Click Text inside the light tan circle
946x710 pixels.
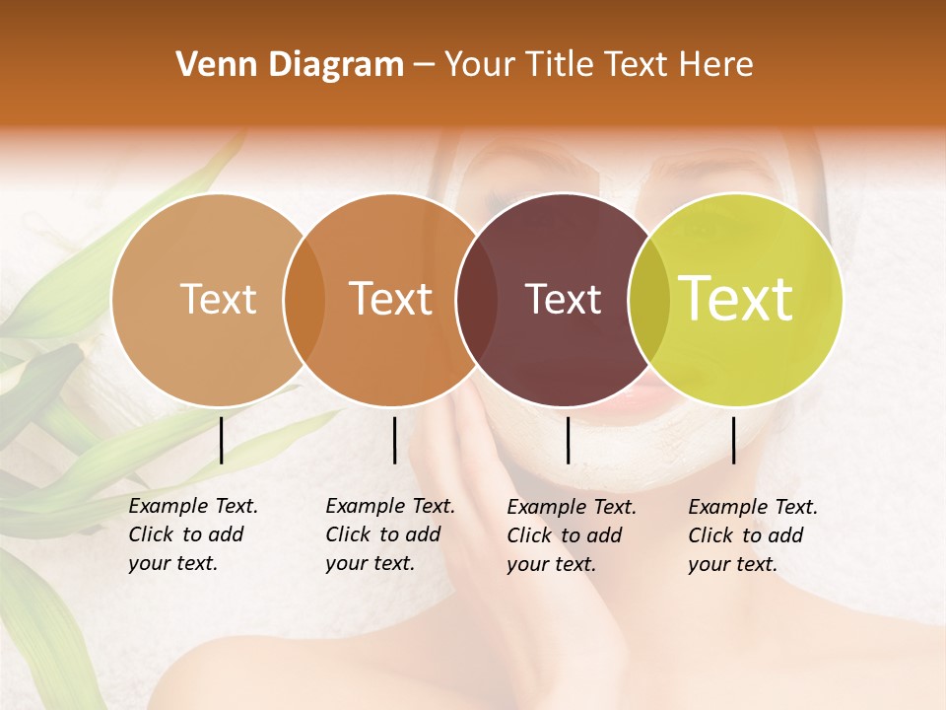coord(218,300)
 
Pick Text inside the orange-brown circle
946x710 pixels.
coord(391,300)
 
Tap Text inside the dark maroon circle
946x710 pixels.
coord(564,300)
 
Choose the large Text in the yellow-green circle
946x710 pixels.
coord(736,300)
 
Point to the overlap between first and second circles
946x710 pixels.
coord(304,300)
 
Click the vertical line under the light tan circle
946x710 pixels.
coord(222,440)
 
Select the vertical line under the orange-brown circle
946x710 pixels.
coord(394,440)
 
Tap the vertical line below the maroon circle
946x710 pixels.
coord(568,440)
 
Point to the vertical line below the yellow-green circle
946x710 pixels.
coord(733,440)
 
